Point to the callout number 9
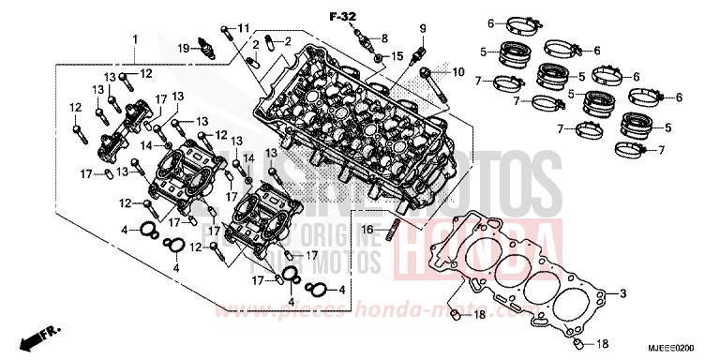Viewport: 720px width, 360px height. coord(422,27)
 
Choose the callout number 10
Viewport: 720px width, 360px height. coord(458,72)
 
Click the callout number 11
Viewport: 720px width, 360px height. coord(245,27)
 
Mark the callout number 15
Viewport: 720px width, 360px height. coord(397,58)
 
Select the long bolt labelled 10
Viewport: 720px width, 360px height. coord(434,81)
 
